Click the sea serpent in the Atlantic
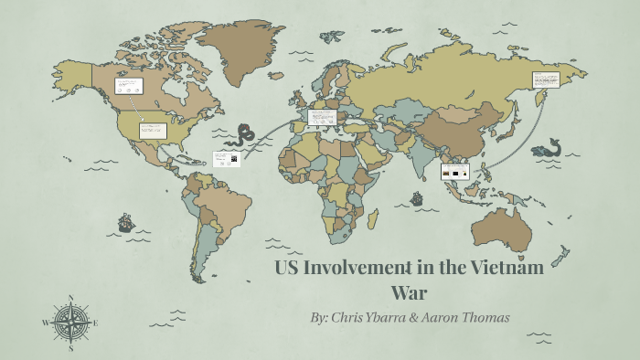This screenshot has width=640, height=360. (244, 135)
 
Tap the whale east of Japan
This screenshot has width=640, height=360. (548, 147)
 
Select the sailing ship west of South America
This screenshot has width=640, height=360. (125, 222)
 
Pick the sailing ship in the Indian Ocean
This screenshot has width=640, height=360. (418, 197)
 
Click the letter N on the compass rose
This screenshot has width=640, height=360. (70, 298)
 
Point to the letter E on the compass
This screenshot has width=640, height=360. (95, 323)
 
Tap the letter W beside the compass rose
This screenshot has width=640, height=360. (45, 323)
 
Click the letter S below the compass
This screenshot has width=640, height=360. (70, 348)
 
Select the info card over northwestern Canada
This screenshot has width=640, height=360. (127, 86)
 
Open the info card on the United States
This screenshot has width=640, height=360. (152, 130)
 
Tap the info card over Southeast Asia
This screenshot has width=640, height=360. (455, 171)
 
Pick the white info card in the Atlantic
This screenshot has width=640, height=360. (226, 158)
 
